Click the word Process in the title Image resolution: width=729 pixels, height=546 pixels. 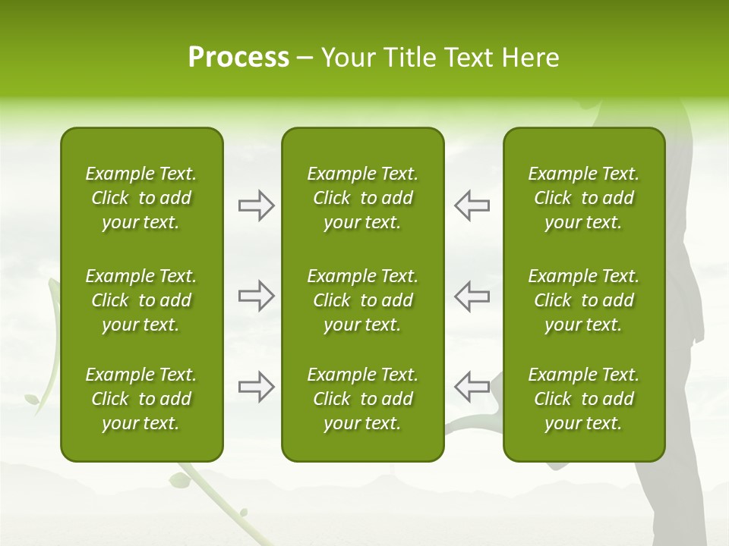238,58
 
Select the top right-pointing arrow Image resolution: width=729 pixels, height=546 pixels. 256,205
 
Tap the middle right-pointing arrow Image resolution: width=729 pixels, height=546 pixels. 256,296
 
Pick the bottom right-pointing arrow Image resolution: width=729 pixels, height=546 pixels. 256,387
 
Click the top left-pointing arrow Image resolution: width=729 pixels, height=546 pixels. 472,205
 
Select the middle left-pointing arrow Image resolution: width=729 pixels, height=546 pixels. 472,296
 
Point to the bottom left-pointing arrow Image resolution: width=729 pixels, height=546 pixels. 472,387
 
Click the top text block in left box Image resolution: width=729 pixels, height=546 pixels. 141,198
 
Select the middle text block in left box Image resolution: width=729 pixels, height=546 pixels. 141,300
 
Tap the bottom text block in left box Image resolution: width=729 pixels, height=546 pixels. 141,399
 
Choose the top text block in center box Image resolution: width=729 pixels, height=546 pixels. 362,198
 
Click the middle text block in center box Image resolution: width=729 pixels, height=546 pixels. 362,300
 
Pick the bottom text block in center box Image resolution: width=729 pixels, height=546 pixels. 362,399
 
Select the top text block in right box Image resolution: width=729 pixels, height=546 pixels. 583,198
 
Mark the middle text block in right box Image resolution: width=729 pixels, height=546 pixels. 583,300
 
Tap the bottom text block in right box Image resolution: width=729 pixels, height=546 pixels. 583,399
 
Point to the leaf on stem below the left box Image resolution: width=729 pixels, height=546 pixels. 180,479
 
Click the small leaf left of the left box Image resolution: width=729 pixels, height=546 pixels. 33,398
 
